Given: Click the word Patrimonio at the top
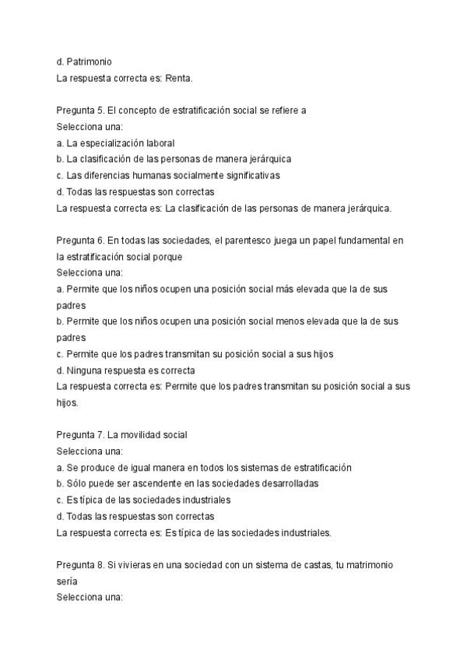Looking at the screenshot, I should (93, 62).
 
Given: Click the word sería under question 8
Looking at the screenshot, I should (68, 581).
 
